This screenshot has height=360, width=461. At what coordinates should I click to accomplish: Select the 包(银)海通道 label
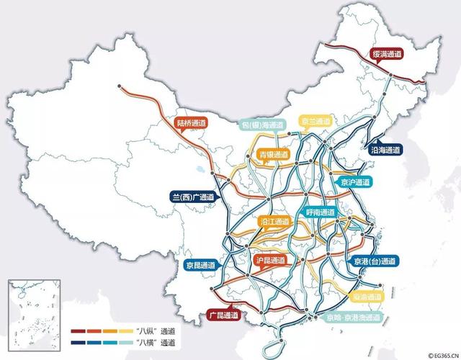tap(263, 125)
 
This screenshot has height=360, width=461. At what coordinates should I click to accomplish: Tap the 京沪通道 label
tap(357, 182)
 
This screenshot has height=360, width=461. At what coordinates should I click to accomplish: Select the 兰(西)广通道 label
tap(193, 196)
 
